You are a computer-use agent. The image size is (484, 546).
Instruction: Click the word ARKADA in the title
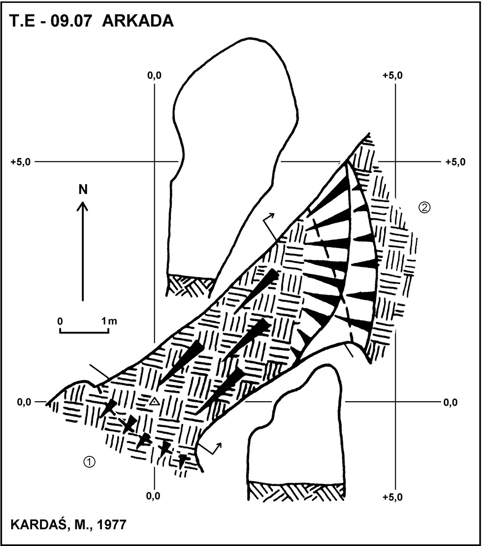coord(138,21)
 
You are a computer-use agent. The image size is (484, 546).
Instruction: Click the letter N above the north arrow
coord(83,190)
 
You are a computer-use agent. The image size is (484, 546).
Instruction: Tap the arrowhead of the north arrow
coord(83,206)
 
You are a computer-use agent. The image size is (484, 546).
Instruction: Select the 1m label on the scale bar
coord(109,321)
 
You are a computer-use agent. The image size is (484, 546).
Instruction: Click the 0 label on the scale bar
coord(60,321)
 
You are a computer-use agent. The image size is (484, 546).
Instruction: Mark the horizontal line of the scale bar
coord(84,332)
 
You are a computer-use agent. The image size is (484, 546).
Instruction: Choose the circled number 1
coord(90,462)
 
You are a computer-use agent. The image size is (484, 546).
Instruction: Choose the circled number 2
coord(425,208)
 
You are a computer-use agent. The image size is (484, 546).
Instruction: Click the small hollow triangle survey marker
coord(155,402)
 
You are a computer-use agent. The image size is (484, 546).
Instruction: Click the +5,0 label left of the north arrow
coord(20,162)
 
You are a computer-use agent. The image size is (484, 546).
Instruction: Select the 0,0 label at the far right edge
coord(451,403)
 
